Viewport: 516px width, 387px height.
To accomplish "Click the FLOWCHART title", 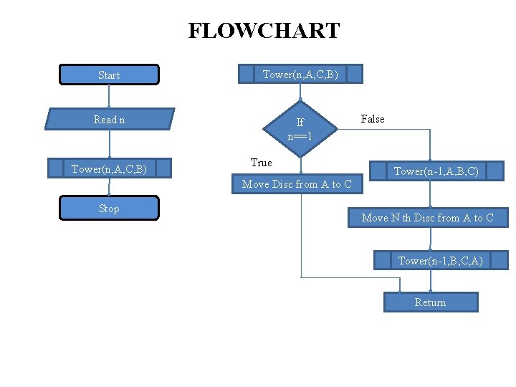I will pos(264,31).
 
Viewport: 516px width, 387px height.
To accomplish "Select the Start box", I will pos(109,75).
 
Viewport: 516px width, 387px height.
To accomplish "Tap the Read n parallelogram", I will pos(110,120).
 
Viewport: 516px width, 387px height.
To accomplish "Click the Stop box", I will pos(109,209).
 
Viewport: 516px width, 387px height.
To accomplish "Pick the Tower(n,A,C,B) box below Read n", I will pos(110,169).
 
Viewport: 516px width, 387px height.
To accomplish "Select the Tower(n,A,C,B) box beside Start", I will pos(301,74).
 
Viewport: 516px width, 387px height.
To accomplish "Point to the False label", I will pos(373,119).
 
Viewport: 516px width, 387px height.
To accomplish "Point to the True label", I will pos(261,163).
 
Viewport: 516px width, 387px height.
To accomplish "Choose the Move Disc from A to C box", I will pos(297,184).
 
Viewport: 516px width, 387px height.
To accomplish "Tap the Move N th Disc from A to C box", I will pos(428,218).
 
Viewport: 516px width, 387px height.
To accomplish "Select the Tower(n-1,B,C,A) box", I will pos(440,260).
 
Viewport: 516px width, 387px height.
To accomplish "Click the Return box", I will pos(430,302).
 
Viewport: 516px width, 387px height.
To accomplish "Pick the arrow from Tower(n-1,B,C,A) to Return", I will pos(430,281).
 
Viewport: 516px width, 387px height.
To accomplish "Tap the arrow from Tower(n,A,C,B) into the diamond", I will pos(300,92).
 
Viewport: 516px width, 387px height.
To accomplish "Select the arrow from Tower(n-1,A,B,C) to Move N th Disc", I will pos(430,194).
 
